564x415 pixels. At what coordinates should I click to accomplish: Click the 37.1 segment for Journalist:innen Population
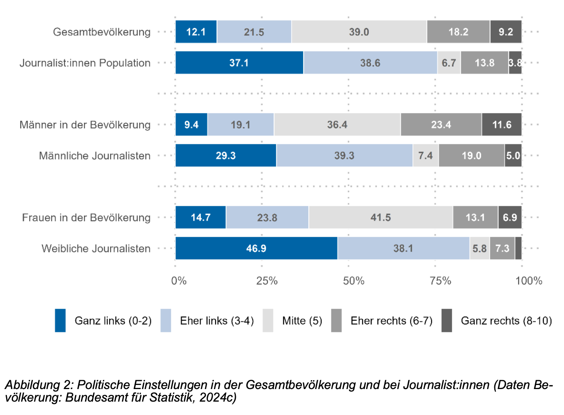click(x=239, y=63)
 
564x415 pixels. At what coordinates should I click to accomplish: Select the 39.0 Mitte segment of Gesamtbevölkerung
click(x=359, y=32)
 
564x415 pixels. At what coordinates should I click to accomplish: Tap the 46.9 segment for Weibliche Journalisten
click(x=256, y=248)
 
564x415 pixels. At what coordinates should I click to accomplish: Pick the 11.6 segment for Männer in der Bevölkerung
click(x=502, y=125)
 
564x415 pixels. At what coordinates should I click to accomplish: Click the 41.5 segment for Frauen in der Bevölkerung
click(x=380, y=218)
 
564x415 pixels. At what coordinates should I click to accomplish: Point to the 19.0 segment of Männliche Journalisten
click(x=471, y=156)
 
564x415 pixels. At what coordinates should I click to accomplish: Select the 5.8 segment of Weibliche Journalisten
click(x=479, y=248)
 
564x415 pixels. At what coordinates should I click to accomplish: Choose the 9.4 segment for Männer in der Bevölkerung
click(x=191, y=125)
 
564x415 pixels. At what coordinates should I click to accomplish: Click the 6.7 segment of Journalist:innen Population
click(x=449, y=63)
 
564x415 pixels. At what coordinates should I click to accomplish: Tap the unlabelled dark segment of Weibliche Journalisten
click(x=518, y=248)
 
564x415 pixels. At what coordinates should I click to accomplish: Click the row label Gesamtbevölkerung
click(x=102, y=32)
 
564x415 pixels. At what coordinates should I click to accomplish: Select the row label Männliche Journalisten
click(x=94, y=156)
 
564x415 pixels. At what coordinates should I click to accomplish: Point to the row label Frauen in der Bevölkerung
click(x=86, y=218)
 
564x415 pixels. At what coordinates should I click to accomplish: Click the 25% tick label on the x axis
click(x=267, y=281)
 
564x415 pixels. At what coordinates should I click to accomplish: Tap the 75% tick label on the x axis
click(x=440, y=281)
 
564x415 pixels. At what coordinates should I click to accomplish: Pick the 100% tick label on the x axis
click(x=528, y=281)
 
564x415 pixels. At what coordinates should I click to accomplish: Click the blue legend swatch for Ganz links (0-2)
click(x=60, y=321)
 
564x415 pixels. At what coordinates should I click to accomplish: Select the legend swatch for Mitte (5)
click(x=268, y=321)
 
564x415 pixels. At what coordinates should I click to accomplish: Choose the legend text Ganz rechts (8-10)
click(x=506, y=321)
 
